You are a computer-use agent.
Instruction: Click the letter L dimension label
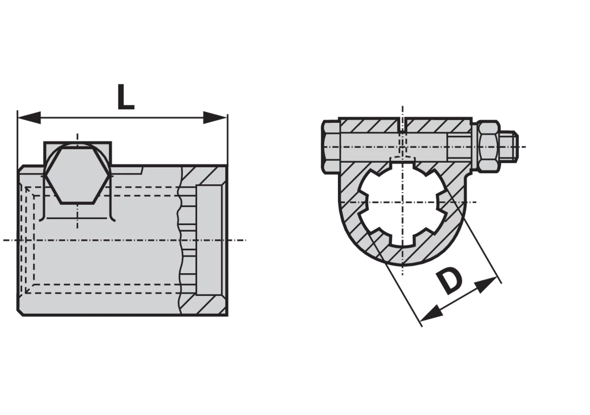pyautogui.click(x=126, y=97)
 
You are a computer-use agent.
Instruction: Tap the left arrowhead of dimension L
pyautogui.click(x=29, y=118)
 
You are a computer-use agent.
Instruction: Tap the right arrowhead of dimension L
pyautogui.click(x=215, y=118)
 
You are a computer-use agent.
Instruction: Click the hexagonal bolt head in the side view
pyautogui.click(x=77, y=175)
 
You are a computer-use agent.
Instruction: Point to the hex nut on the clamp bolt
pyautogui.click(x=489, y=147)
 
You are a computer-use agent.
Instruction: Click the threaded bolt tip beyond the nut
pyautogui.click(x=509, y=147)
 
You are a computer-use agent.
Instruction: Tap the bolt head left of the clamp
pyautogui.click(x=330, y=147)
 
